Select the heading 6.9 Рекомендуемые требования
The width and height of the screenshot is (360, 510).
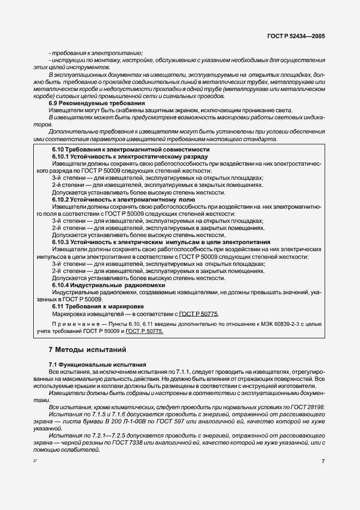tap(96, 103)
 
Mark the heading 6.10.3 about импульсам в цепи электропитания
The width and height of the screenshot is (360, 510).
tap(161, 242)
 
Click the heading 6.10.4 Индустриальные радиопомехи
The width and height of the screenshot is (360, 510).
tap(108, 285)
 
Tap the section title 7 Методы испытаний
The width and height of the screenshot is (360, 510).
tap(87, 349)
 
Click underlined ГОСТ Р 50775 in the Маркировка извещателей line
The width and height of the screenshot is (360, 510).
tap(199, 314)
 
